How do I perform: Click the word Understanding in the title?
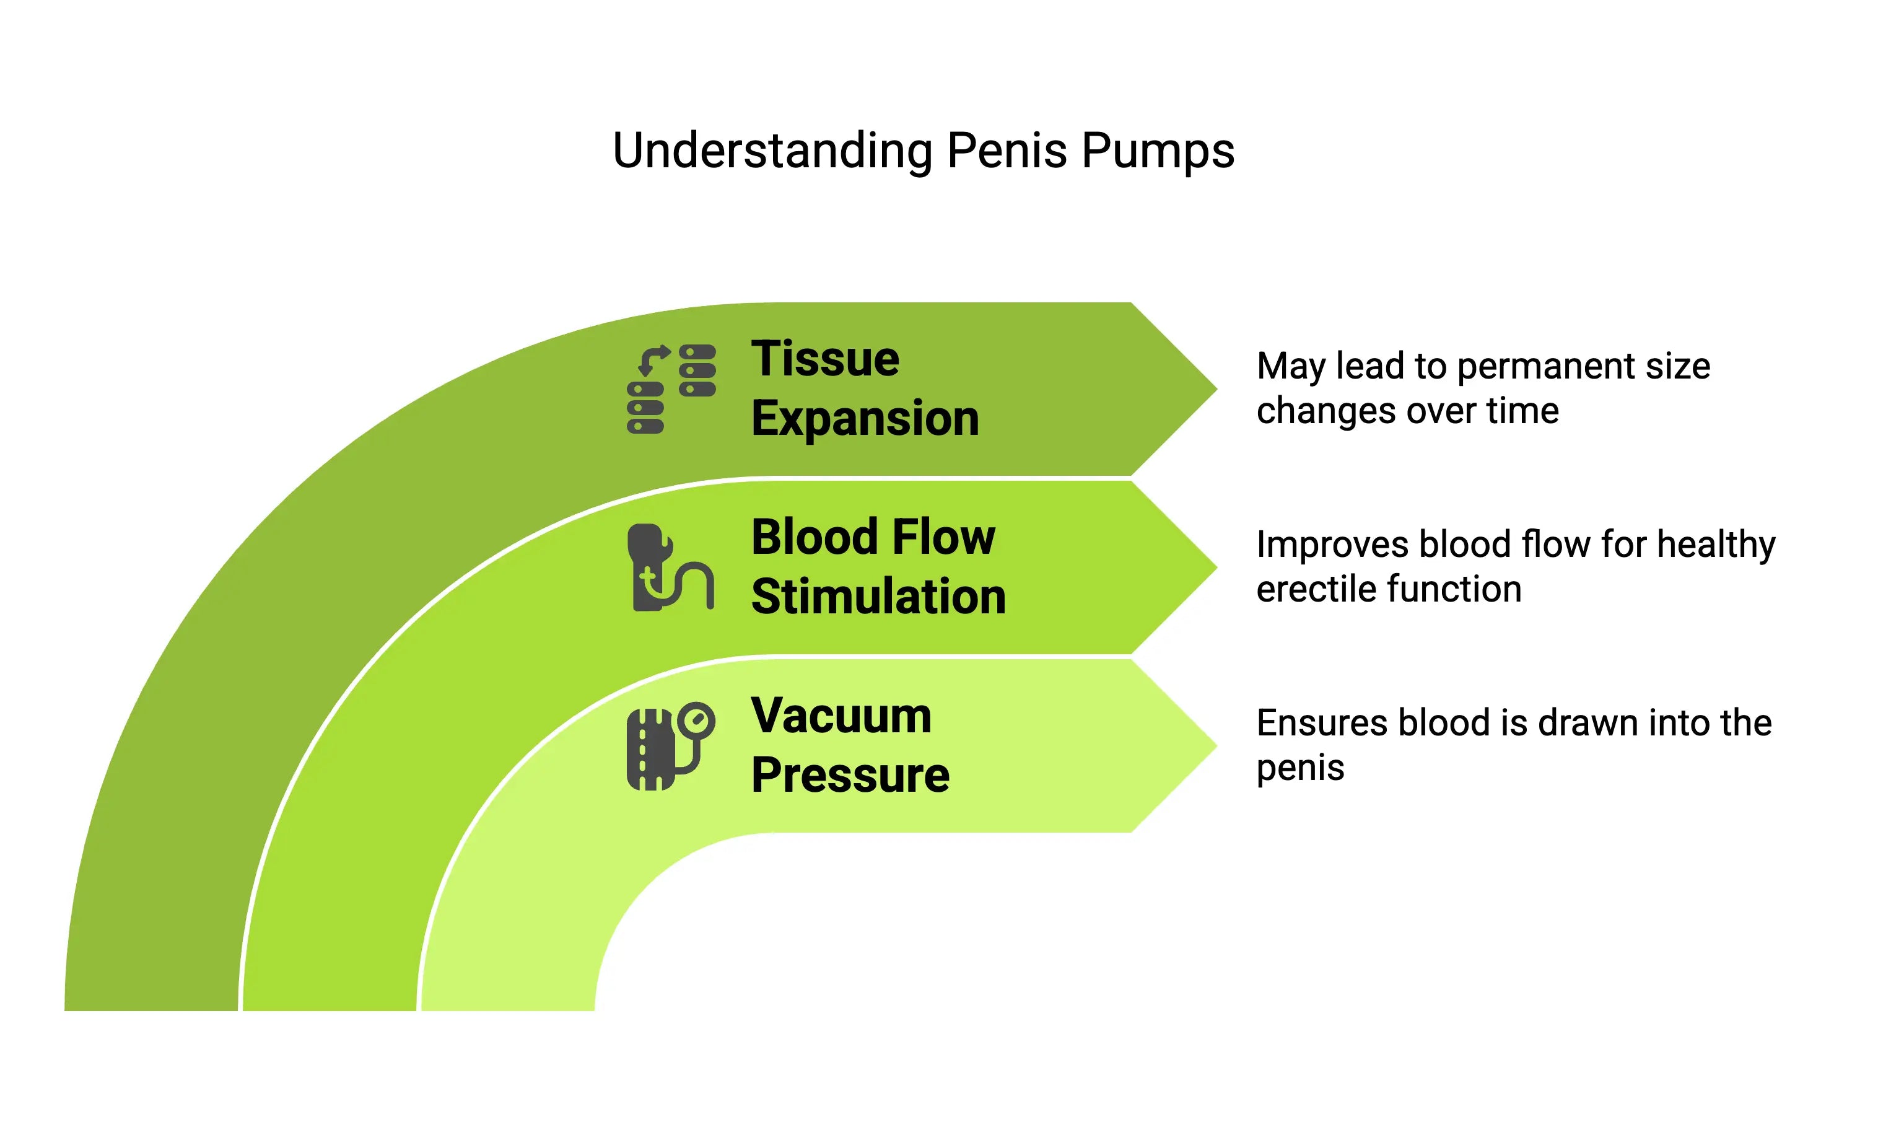pyautogui.click(x=773, y=152)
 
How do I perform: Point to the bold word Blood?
pyautogui.click(x=816, y=537)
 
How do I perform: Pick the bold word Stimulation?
pyautogui.click(x=878, y=596)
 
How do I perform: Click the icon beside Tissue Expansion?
pyautogui.click(x=671, y=388)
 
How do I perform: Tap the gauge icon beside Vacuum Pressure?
pyautogui.click(x=671, y=745)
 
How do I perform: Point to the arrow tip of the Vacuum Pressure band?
pyautogui.click(x=1217, y=745)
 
